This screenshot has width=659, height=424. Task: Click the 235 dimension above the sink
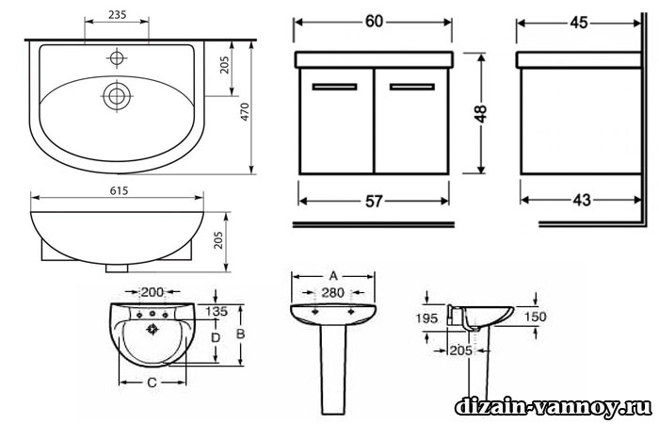pyautogui.click(x=118, y=15)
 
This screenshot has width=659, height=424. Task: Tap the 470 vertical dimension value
pyautogui.click(x=245, y=112)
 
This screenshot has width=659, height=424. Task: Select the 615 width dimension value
pyautogui.click(x=119, y=191)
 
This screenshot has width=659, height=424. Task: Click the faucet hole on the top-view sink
pyautogui.click(x=117, y=57)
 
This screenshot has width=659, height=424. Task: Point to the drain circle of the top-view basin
pyautogui.click(x=117, y=96)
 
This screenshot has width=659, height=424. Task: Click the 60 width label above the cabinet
pyautogui.click(x=374, y=22)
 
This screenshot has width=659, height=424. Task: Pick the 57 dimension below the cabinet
pyautogui.click(x=374, y=202)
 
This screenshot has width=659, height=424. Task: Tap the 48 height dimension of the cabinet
pyautogui.click(x=481, y=114)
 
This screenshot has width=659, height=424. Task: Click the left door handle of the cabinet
pyautogui.click(x=334, y=87)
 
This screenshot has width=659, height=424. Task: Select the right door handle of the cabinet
pyautogui.click(x=412, y=87)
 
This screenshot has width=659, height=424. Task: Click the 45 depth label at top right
pyautogui.click(x=579, y=23)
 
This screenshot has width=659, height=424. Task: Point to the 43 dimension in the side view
pyautogui.click(x=582, y=200)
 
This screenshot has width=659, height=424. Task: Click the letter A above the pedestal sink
pyautogui.click(x=333, y=276)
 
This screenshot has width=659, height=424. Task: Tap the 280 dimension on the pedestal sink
pyautogui.click(x=333, y=292)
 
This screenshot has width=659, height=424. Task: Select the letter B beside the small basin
pyautogui.click(x=240, y=334)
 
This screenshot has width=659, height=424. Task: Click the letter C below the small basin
pyautogui.click(x=153, y=383)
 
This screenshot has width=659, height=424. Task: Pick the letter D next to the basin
pyautogui.click(x=216, y=337)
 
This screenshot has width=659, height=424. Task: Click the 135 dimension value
pyautogui.click(x=217, y=311)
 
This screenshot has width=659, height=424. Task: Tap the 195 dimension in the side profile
pyautogui.click(x=427, y=318)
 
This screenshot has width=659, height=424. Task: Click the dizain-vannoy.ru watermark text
pyautogui.click(x=554, y=407)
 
